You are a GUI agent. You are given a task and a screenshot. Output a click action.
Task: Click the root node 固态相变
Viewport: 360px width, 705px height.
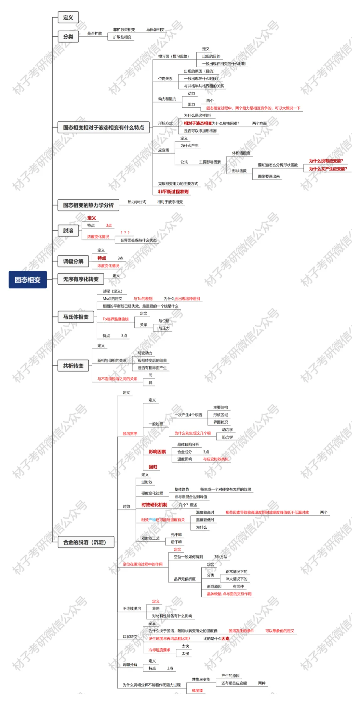point(27,280)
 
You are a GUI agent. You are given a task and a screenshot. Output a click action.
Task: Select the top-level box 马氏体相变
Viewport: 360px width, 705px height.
point(76,317)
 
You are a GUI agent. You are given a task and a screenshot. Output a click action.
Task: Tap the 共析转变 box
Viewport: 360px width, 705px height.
point(73,366)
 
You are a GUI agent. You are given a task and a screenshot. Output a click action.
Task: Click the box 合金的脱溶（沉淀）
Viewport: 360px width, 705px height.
point(86,542)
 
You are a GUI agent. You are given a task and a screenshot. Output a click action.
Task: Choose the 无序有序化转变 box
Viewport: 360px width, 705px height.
point(81,279)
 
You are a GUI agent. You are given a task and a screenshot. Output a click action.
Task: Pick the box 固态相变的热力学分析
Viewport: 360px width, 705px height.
point(88,205)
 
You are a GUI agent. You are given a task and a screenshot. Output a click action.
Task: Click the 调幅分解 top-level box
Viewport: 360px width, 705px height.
point(73,262)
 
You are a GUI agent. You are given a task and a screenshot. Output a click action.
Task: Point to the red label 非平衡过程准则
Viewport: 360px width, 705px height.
point(173,192)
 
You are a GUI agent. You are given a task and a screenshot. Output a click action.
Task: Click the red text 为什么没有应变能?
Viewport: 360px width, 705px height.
point(326,161)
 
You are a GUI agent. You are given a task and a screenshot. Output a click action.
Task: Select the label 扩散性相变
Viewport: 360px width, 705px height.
point(122,37)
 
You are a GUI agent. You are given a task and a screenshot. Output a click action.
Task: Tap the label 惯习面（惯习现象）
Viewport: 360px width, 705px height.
point(173,56)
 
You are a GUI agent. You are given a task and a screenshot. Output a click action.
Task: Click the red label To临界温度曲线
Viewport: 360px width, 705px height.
point(115,319)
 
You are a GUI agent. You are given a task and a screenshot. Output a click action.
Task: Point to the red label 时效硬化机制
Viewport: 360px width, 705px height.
point(154,505)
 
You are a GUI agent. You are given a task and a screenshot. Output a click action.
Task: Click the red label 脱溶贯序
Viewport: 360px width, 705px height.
point(130,433)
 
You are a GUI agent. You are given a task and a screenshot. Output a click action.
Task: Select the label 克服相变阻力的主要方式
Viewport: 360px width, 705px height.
point(178,184)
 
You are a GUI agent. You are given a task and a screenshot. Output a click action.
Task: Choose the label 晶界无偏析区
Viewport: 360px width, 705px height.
point(185,579)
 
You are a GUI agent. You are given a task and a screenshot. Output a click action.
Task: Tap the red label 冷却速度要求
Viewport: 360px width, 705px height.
point(159,650)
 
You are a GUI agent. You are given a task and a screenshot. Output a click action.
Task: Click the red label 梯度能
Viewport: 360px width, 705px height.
point(197,691)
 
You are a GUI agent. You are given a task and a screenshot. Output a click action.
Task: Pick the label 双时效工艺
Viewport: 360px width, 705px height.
point(150,538)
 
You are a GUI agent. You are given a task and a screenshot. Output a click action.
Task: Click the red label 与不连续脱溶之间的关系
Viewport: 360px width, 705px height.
point(117,379)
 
